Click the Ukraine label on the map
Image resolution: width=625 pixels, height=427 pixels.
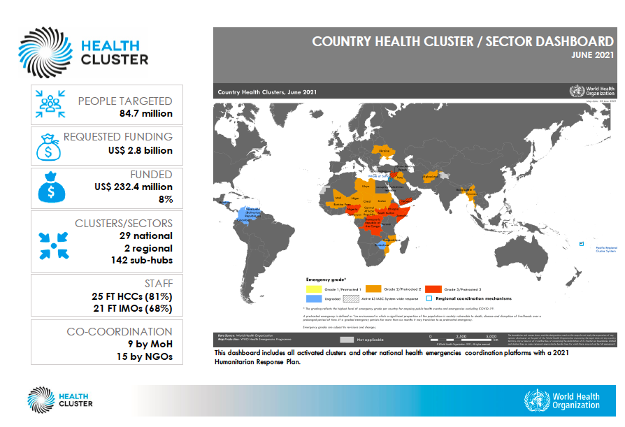point(384,150)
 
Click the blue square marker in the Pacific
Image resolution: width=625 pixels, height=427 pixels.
point(581,243)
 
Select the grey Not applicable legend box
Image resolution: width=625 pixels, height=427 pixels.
point(347,340)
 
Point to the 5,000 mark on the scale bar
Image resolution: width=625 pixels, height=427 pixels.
point(491,336)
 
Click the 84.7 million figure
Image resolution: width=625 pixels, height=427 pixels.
point(146,113)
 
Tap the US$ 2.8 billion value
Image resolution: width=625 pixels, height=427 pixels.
point(139,150)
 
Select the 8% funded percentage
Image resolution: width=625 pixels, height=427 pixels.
point(165,199)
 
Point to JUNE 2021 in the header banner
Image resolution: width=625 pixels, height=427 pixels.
point(592,55)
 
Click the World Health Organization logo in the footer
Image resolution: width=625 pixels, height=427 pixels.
point(562,400)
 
